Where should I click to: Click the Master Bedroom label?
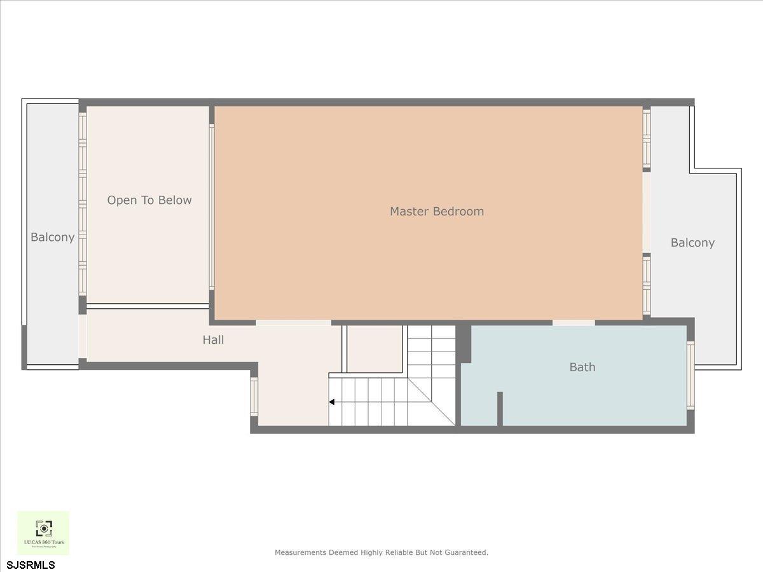click(437, 211)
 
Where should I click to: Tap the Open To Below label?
click(149, 200)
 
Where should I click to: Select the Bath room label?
click(582, 367)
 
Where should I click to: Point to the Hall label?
click(213, 340)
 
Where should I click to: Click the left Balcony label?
click(53, 237)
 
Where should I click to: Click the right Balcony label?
click(692, 243)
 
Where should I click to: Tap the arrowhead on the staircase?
click(331, 402)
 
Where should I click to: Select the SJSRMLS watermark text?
click(31, 564)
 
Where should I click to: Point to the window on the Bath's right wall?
click(691, 375)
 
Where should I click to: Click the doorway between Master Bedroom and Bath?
click(573, 323)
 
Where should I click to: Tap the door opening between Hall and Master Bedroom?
click(293, 323)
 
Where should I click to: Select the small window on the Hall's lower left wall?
click(254, 397)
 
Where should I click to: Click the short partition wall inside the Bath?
click(500, 409)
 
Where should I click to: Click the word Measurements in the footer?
click(301, 552)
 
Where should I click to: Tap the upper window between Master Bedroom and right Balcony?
click(647, 138)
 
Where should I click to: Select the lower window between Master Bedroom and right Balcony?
click(647, 284)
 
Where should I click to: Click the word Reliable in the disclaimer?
click(399, 552)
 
